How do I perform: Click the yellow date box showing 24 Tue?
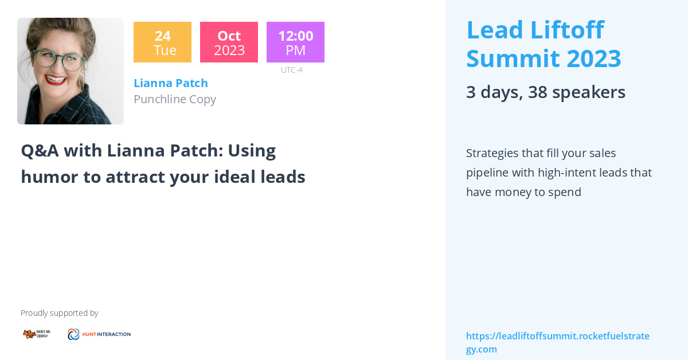162,42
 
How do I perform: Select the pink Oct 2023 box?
229,42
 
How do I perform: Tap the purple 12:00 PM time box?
295,42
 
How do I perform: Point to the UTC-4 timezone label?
291,70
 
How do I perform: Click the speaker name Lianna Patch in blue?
171,83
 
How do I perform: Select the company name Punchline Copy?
175,99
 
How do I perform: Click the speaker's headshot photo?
71,71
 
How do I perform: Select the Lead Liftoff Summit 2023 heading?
544,44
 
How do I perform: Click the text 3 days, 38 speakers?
545,92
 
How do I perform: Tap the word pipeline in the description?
488,173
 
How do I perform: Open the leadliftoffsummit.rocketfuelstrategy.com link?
557,342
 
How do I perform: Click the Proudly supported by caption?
59,313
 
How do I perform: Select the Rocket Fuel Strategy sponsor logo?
36,334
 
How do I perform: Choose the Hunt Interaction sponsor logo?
99,334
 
